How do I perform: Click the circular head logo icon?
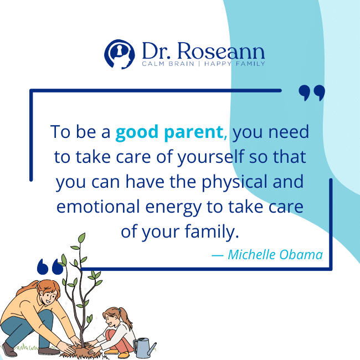(x=119, y=53)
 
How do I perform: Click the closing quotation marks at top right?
(x=311, y=93)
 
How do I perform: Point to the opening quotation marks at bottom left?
(x=50, y=268)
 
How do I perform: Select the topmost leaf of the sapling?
(x=83, y=238)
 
